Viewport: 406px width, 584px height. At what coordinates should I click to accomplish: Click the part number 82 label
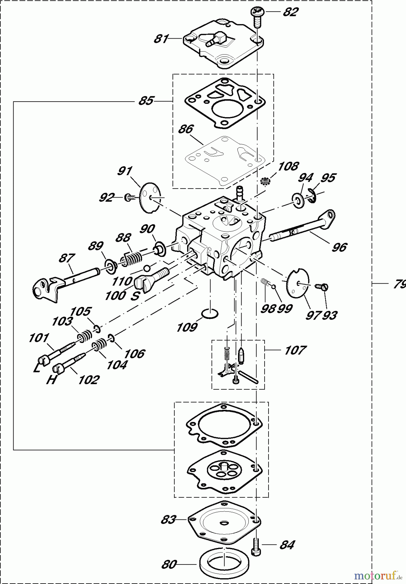[291, 12]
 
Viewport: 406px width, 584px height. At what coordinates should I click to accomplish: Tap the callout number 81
[161, 39]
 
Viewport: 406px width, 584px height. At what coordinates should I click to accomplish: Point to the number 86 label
[186, 129]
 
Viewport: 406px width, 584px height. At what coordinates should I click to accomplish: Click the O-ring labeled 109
[210, 314]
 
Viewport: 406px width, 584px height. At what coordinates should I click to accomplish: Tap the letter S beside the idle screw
[135, 296]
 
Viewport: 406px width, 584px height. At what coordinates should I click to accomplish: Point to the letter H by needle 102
[52, 380]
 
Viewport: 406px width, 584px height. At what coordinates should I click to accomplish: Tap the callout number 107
[295, 350]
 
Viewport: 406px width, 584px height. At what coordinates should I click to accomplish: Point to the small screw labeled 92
[129, 197]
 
